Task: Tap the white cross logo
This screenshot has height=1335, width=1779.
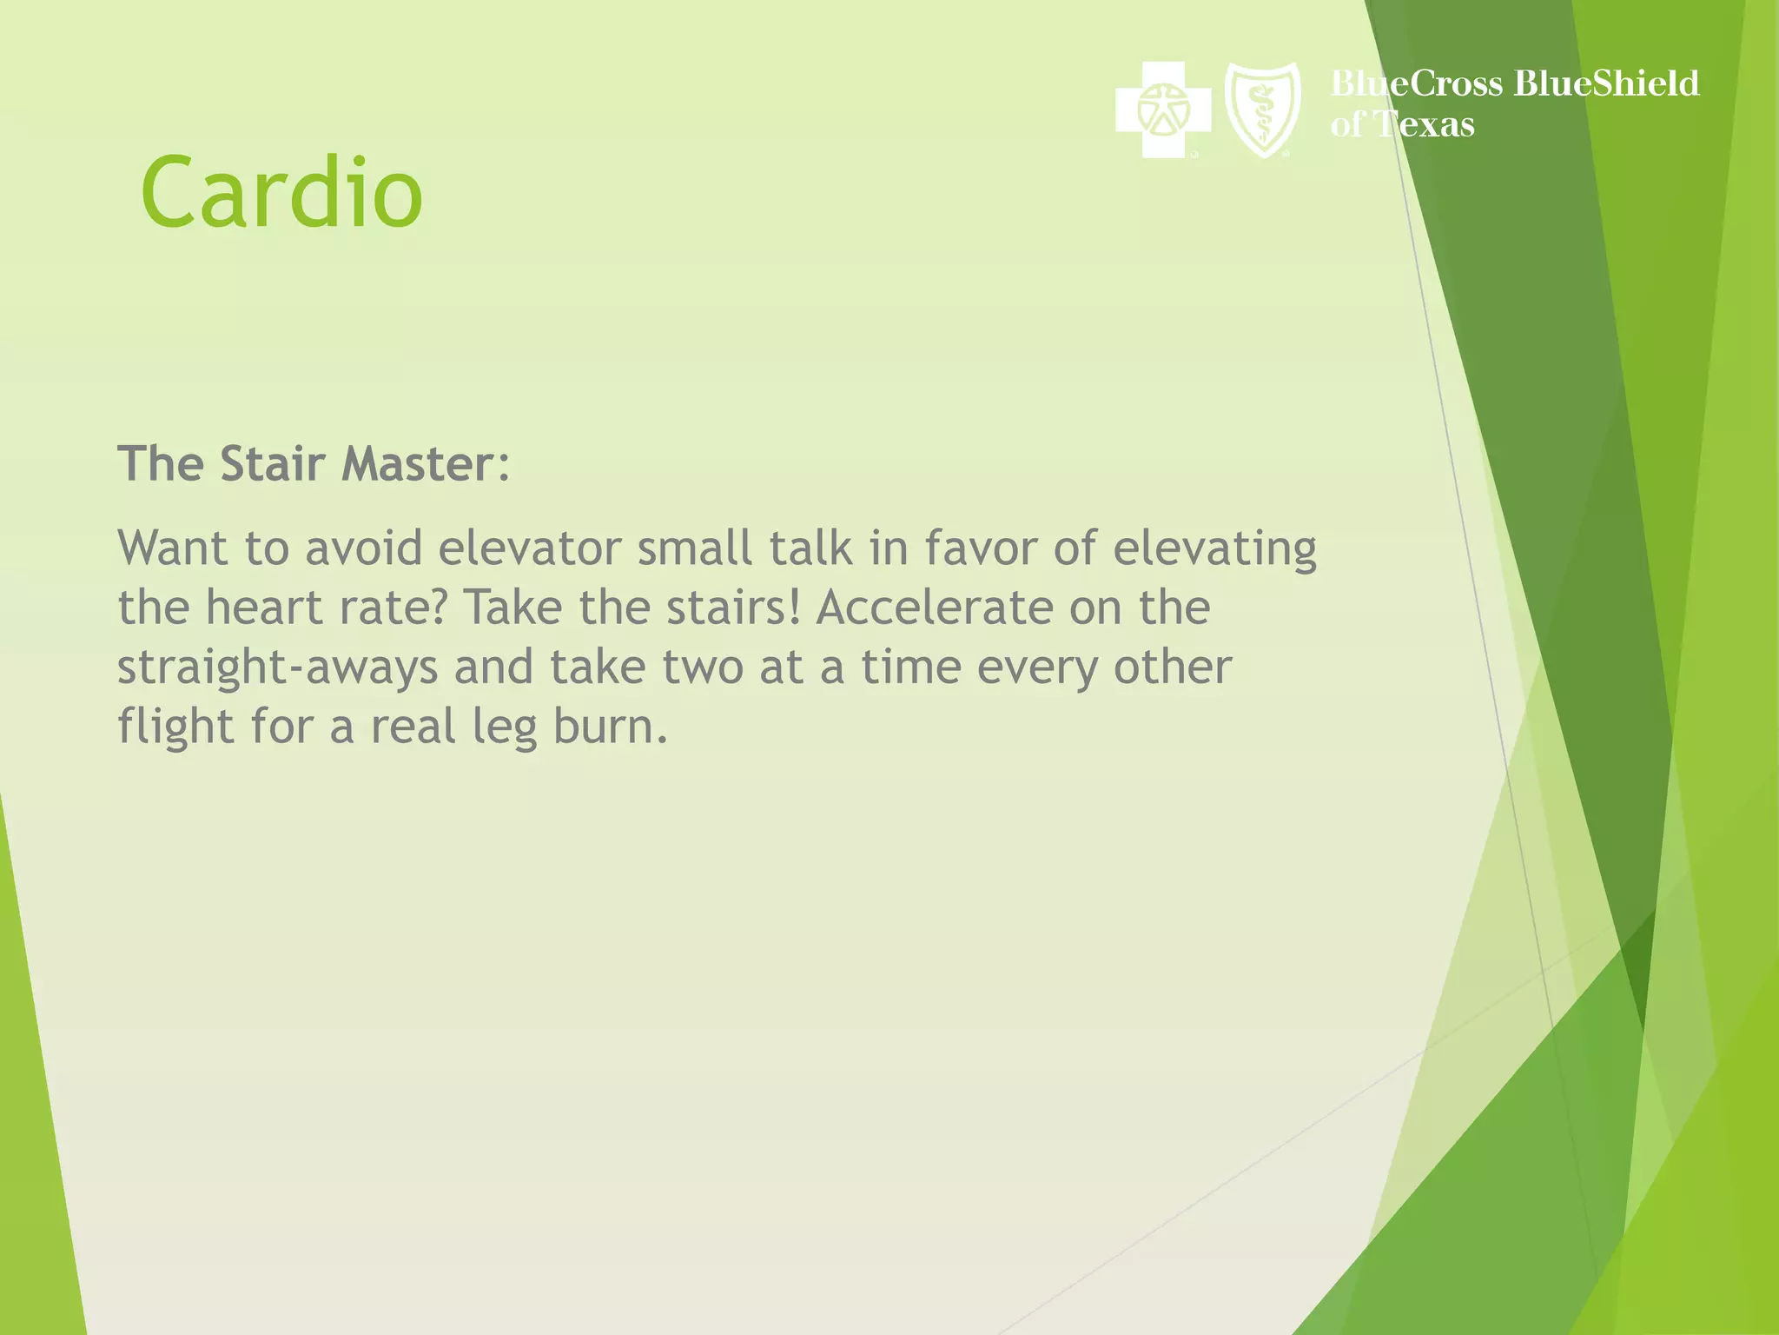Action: point(1162,110)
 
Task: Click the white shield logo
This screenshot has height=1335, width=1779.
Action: point(1262,110)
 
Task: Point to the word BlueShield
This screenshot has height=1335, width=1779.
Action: point(1606,83)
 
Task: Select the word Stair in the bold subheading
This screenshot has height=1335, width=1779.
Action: point(272,463)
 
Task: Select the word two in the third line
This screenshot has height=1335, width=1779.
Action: point(703,667)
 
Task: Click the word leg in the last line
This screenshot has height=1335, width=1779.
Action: point(505,727)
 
